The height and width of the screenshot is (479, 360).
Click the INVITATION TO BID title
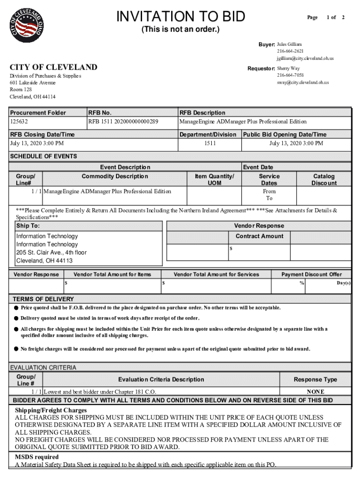[180, 17]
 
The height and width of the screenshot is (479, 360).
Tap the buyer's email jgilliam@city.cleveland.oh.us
[305, 58]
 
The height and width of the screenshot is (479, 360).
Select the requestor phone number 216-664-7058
[290, 75]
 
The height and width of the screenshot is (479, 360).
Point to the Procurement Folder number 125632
[19, 122]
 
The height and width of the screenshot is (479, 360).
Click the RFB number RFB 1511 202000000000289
[123, 122]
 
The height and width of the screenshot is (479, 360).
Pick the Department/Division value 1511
[210, 144]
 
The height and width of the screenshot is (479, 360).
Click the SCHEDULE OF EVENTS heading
[43, 156]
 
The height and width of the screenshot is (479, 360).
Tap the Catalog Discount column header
[324, 180]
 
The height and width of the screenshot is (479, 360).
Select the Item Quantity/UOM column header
[214, 180]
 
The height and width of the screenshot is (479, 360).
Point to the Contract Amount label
[259, 236]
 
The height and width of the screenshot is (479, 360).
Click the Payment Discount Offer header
[311, 275]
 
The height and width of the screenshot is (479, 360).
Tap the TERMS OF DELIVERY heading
[43, 299]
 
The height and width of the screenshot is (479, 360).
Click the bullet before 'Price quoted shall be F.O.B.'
[16, 308]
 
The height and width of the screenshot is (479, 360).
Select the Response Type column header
[315, 379]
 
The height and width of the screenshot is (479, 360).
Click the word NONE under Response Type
[315, 392]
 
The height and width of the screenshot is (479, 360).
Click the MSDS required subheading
[36, 457]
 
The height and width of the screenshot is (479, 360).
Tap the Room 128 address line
[21, 89]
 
